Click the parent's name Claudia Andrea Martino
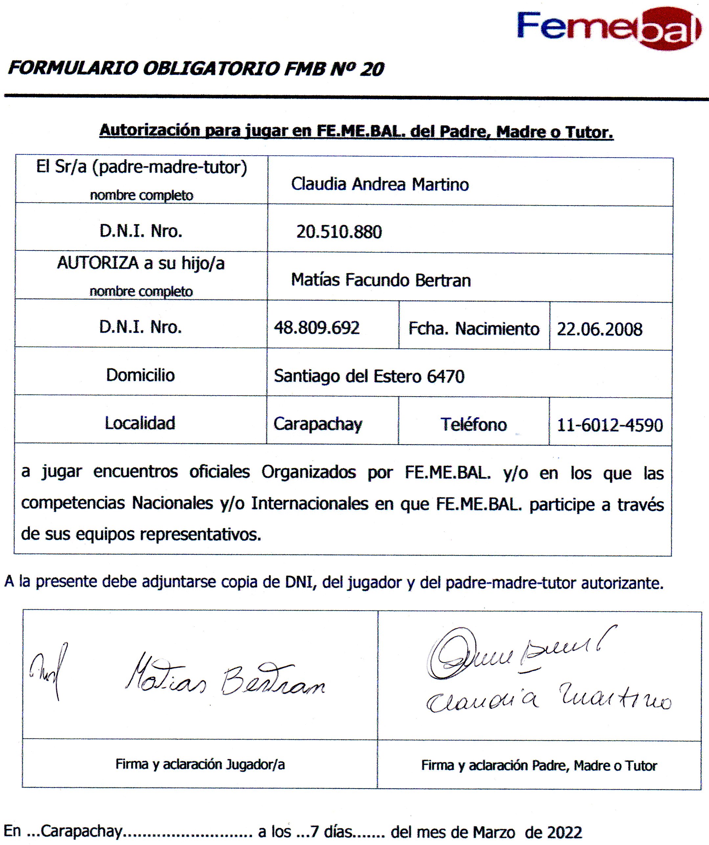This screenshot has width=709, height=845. click(380, 184)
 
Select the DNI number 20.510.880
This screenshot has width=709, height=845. click(339, 232)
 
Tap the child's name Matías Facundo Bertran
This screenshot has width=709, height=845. click(381, 280)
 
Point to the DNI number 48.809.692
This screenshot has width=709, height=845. click(317, 328)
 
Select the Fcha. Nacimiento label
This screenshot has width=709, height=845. click(474, 329)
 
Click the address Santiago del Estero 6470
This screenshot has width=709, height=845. click(369, 376)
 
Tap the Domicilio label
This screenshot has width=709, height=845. click(140, 375)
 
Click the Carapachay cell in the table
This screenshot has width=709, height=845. click(318, 424)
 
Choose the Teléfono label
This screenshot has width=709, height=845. click(474, 424)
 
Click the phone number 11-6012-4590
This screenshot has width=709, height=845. click(609, 425)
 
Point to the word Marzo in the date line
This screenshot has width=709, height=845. click(494, 832)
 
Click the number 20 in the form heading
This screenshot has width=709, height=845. click(372, 69)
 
